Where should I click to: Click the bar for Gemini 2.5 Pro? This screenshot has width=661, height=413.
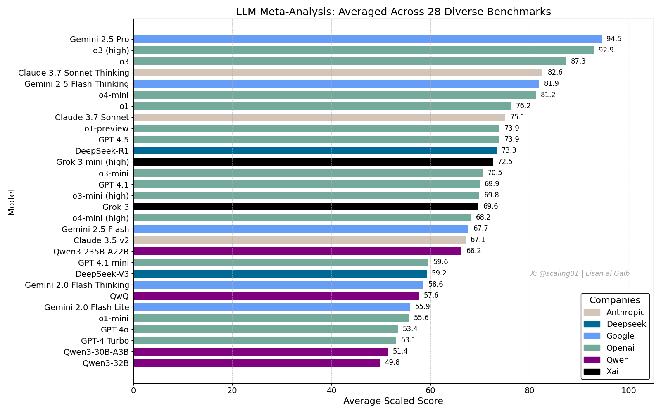pos(367,39)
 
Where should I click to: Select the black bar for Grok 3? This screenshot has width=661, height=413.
pos(306,206)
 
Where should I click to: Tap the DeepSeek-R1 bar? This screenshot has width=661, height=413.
pos(315,151)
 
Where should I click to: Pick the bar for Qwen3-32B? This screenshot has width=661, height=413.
pos(257,363)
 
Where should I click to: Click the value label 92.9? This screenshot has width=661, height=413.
pos(606,50)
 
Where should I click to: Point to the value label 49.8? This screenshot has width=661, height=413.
pos(392,363)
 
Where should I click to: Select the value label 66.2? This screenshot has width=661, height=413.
pos(473,251)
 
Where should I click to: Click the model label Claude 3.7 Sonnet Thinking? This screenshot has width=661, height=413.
pos(74,73)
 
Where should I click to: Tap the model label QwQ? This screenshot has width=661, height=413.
pos(119,296)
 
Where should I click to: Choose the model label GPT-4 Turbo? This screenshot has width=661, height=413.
pos(105,341)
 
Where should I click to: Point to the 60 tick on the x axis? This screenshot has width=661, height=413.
pos(430,390)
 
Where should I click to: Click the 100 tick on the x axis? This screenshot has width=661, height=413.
pos(628,390)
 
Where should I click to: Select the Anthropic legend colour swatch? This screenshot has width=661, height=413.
pos(592,313)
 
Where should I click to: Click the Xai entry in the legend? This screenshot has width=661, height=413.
pos(612,371)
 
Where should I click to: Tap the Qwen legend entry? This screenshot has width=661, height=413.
pos(617,360)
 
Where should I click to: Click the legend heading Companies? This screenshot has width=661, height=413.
pos(615,300)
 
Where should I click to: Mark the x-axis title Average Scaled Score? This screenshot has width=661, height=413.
pos(393,401)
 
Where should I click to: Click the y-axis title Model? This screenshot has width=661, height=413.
pos(12,202)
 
